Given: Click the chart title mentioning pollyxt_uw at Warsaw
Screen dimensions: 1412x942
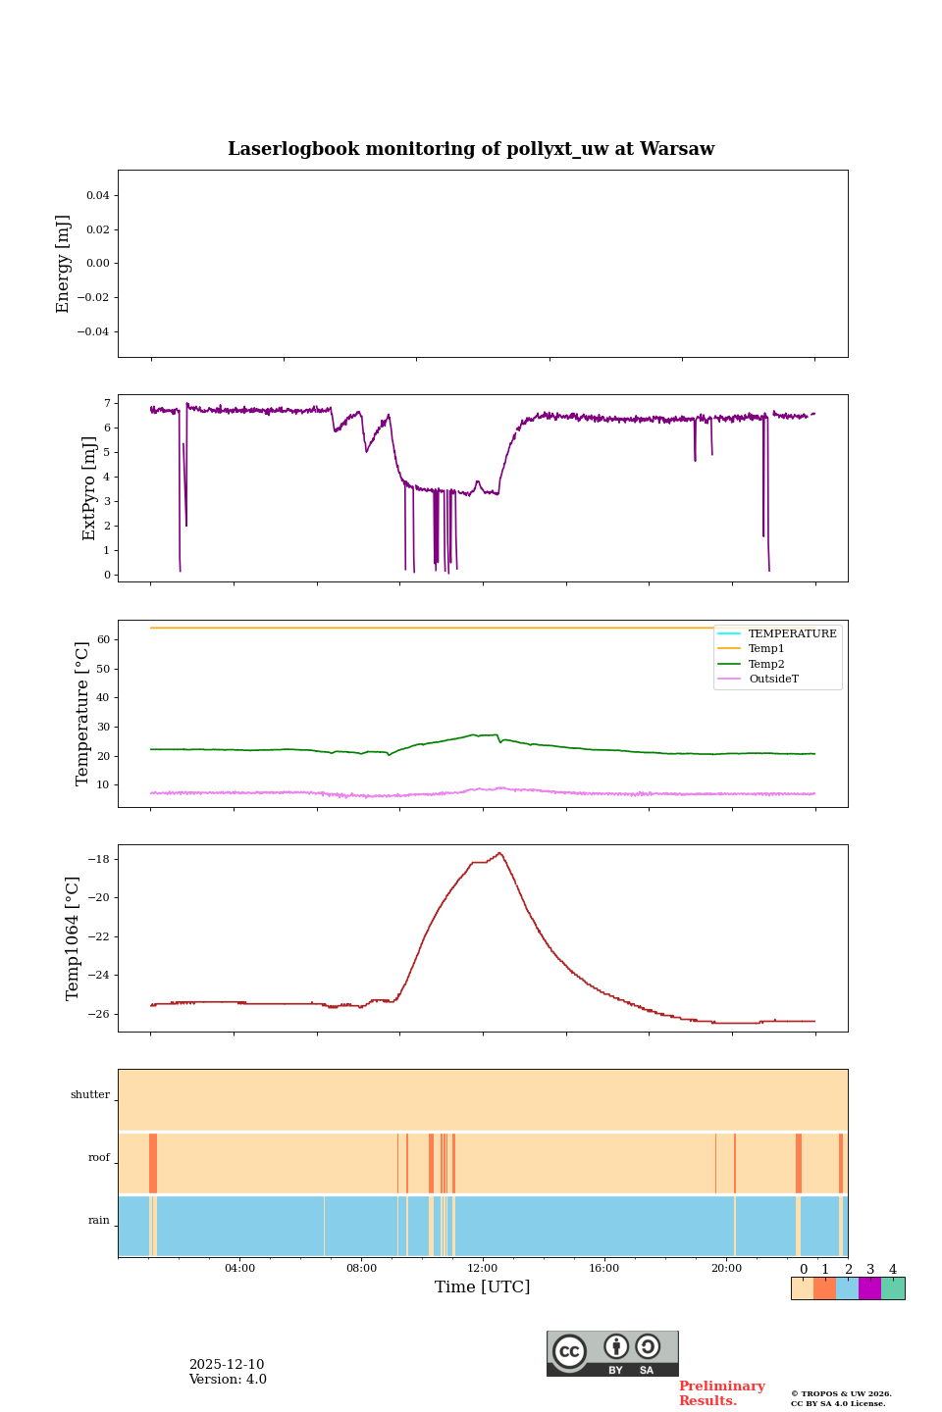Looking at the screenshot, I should pos(471,149).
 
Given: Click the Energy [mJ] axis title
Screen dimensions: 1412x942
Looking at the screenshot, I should pos(64,264).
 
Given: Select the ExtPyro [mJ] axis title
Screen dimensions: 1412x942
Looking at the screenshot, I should pos(89,488).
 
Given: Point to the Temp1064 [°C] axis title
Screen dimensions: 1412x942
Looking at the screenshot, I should pos(73,938).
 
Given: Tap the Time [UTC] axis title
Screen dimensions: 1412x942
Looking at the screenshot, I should pos(483,1287).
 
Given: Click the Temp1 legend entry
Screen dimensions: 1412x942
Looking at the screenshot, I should pos(766,649).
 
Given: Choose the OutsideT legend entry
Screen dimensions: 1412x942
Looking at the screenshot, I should pos(773,679).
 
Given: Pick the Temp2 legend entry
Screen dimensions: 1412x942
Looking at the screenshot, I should pos(766,664).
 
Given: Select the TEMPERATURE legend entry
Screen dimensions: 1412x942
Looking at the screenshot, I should pos(792,633).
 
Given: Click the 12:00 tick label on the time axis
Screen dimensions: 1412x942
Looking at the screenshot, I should pos(483,1269).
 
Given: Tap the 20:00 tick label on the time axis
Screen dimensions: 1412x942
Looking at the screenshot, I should pos(726,1269).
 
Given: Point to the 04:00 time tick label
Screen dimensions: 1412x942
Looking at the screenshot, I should pos(239,1269).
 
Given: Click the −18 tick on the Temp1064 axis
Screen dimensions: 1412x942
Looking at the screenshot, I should pos(98,859).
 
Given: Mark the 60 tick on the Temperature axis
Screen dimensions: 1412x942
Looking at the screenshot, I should pos(102,639).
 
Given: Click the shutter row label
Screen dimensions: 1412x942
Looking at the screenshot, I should pos(90,1095).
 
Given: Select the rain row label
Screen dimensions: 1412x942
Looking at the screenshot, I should pos(99,1221).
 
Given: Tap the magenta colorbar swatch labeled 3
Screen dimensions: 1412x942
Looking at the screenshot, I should pos(869,1288).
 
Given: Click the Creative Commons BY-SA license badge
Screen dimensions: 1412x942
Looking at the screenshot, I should pos(612,1353).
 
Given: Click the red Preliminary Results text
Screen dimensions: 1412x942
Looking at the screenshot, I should pos(721,1393).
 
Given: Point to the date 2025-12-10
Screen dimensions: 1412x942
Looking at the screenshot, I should pos(227,1365).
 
